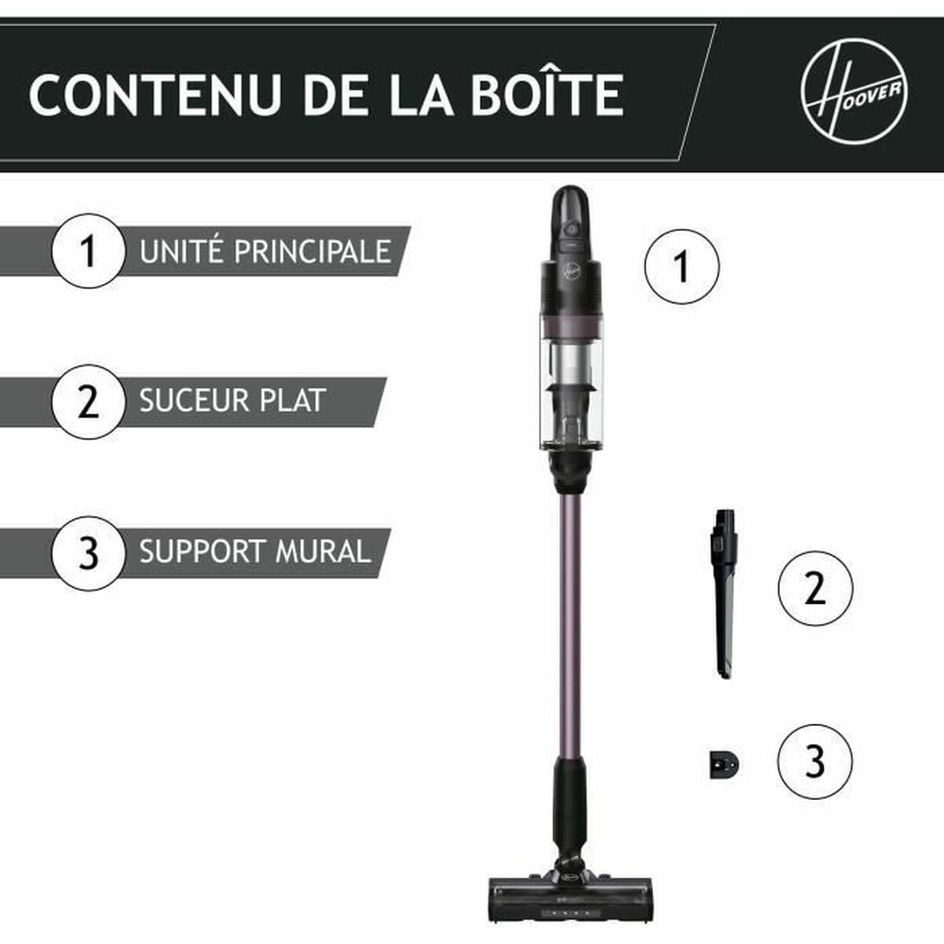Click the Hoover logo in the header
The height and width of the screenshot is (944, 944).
click(854, 93)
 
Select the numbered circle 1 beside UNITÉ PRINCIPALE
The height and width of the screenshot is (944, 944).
click(88, 251)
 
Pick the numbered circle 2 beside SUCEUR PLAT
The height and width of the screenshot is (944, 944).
click(88, 401)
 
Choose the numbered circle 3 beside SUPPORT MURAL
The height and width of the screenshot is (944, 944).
click(88, 552)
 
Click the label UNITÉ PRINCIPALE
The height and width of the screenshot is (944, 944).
click(265, 252)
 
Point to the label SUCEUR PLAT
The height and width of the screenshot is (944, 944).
click(232, 401)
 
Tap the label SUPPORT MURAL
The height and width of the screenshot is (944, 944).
click(254, 552)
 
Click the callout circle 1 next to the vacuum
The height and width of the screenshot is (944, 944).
click(681, 267)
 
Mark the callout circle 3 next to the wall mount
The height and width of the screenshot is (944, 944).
click(814, 761)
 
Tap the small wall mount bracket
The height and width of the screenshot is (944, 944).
click(724, 764)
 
